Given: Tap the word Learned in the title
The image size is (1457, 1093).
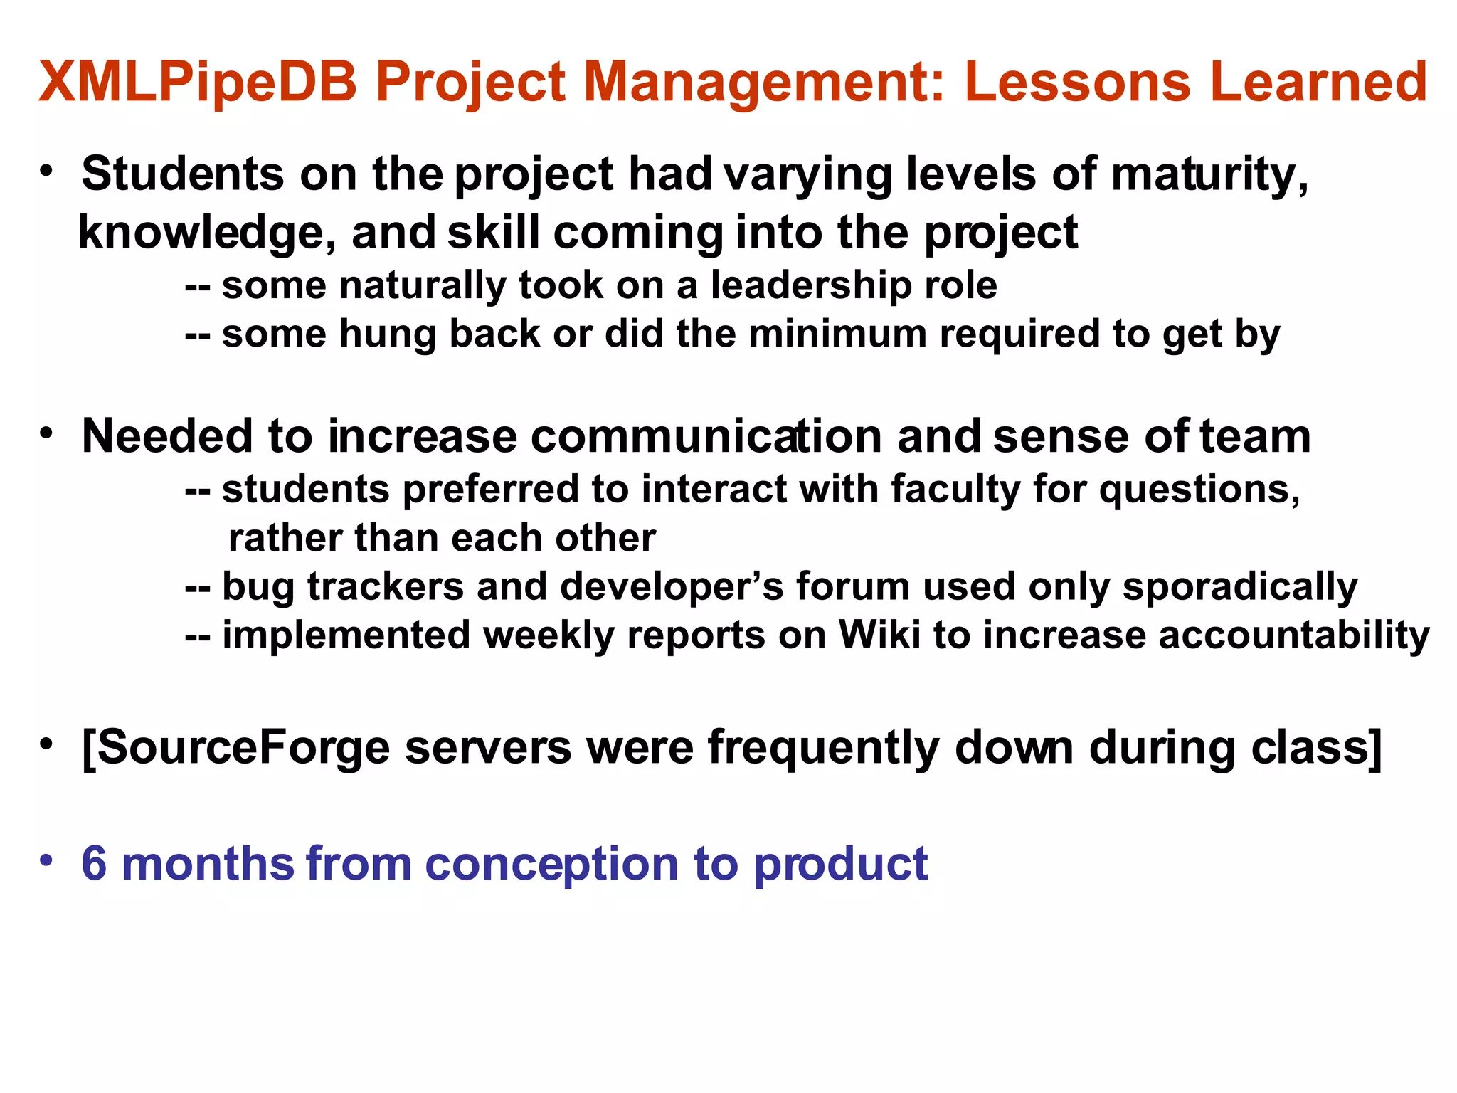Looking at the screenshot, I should tap(1318, 83).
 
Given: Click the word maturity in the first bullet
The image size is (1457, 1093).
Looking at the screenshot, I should tap(1209, 175).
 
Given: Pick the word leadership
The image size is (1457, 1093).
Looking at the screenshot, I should tap(811, 285).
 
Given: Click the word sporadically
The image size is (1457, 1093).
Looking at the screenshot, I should tap(1239, 587).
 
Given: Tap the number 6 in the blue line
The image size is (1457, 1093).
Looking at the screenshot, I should tap(94, 864).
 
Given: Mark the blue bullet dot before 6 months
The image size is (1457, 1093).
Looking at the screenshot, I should tap(46, 860).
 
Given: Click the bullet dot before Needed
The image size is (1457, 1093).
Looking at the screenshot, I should tap(46, 433).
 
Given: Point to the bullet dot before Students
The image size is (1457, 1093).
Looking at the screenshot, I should tap(46, 171).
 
